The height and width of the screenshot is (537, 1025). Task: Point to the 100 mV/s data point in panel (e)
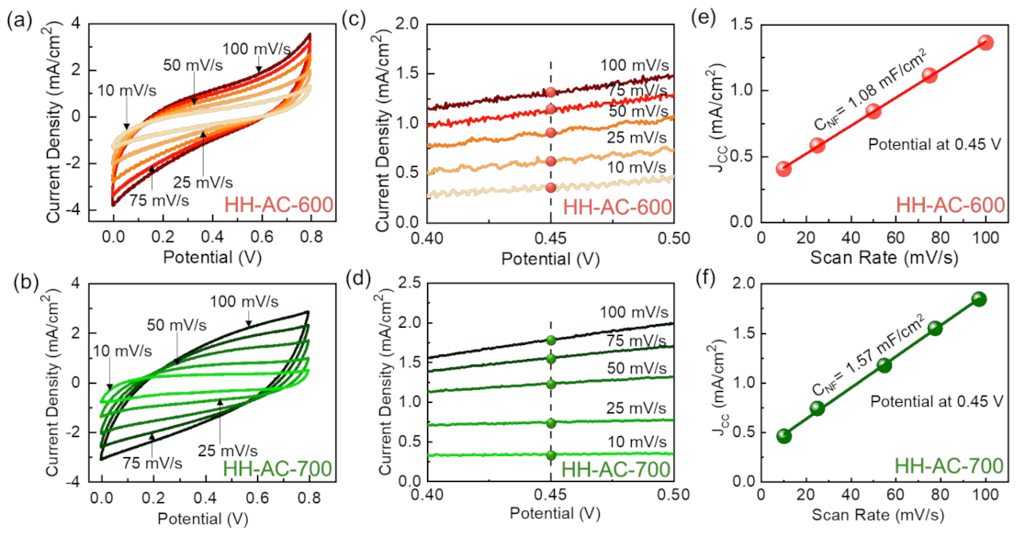coord(986,42)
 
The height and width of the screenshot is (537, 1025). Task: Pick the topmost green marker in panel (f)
coord(979,299)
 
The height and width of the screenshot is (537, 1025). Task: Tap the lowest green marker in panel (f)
coord(783,436)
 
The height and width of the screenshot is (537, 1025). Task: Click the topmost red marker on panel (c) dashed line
coord(550,92)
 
